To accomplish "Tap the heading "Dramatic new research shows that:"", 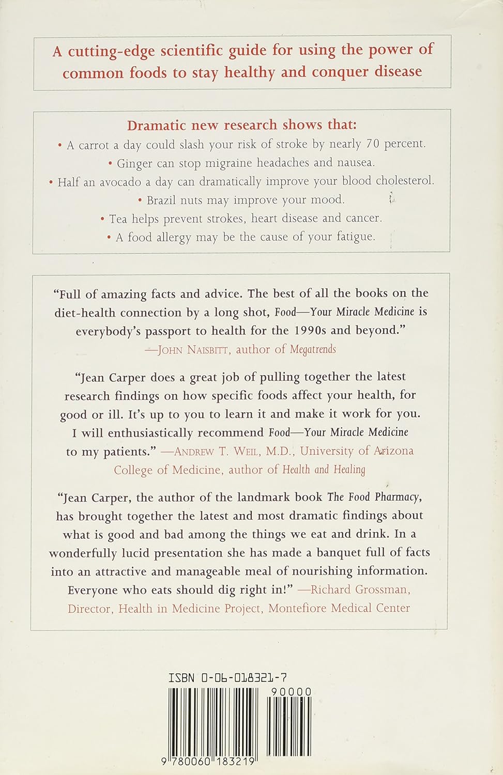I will (242, 125).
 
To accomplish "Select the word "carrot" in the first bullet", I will (94, 145).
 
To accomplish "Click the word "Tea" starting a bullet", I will (118, 219).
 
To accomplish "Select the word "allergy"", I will (174, 237).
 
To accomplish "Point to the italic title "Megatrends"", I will (313, 350).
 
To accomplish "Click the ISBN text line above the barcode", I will (227, 678).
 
